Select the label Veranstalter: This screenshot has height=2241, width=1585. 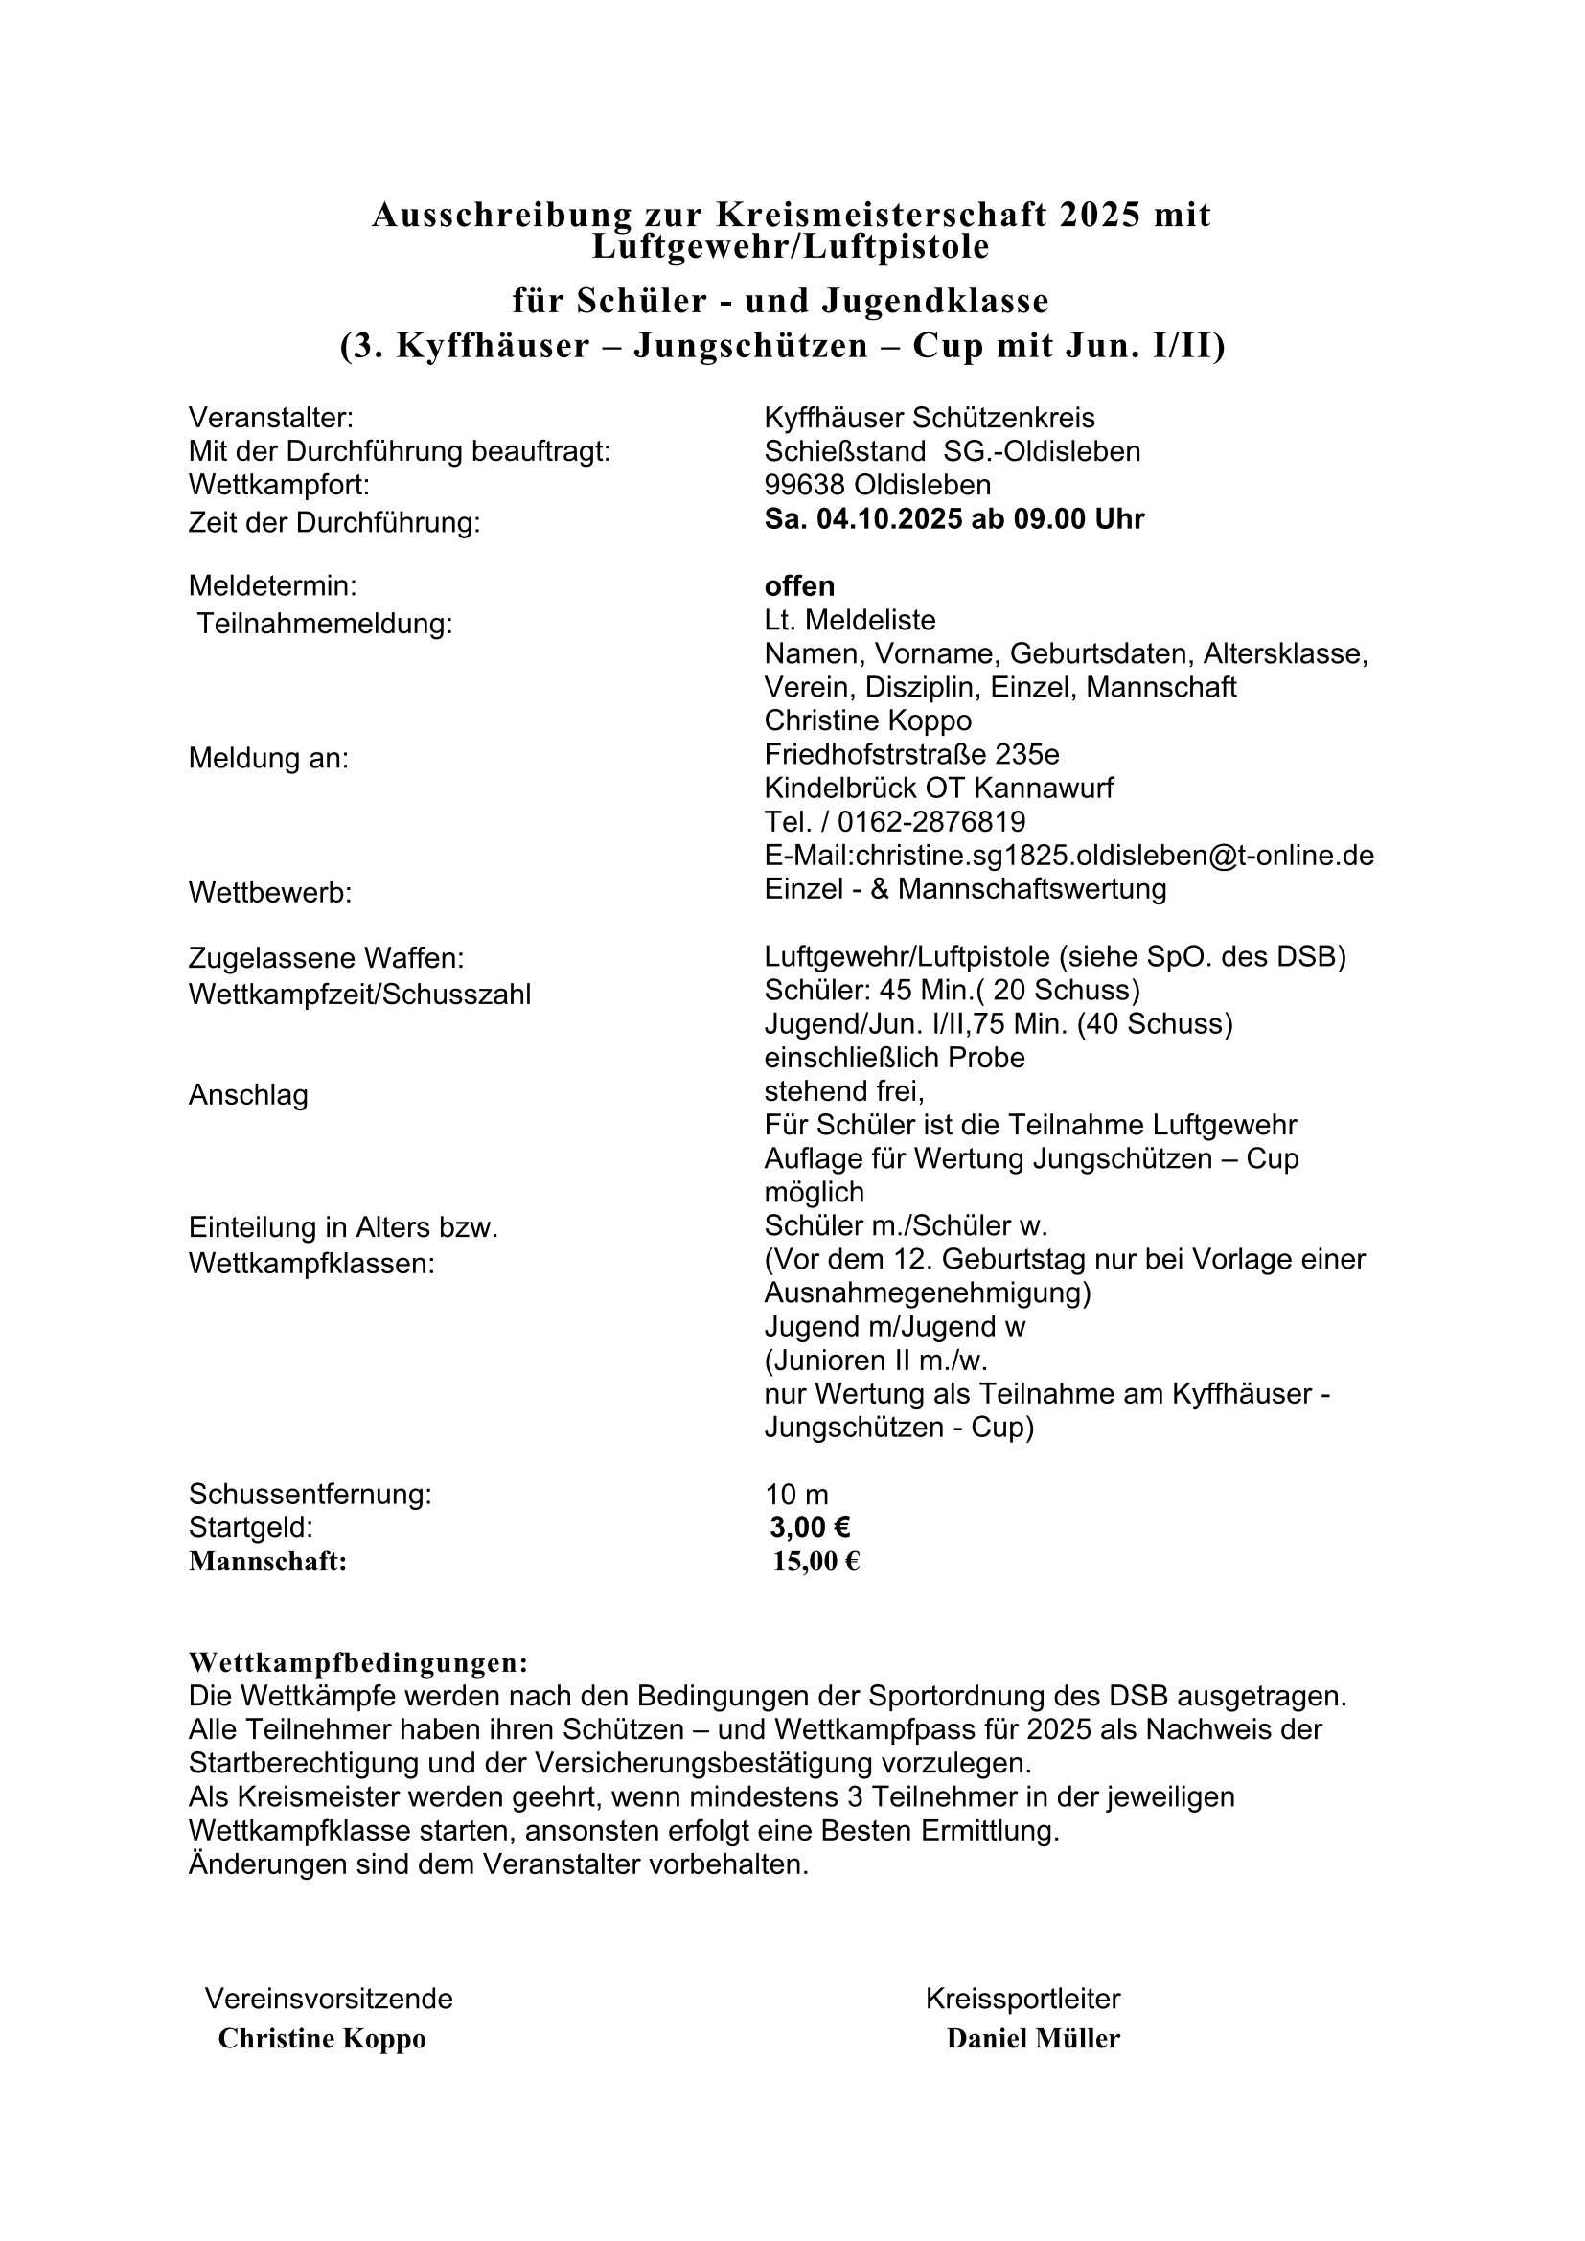270,418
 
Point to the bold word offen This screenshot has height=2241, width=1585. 799,585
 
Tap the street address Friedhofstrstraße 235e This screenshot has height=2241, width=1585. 911,754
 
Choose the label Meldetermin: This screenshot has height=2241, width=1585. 272,585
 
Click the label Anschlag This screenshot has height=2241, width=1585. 248,1095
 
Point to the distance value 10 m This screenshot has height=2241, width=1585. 796,1495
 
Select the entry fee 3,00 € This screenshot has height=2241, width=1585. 809,1526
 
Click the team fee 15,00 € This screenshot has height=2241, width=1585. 815,1562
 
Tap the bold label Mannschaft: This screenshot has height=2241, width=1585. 267,1562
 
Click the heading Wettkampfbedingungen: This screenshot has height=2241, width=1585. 357,1662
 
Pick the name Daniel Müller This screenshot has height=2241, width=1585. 1033,2038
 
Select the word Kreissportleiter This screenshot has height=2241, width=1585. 1022,1999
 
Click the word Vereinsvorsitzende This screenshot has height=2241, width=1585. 329,1999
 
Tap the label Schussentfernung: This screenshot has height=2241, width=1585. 310,1495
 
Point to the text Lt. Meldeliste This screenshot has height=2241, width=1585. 850,620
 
